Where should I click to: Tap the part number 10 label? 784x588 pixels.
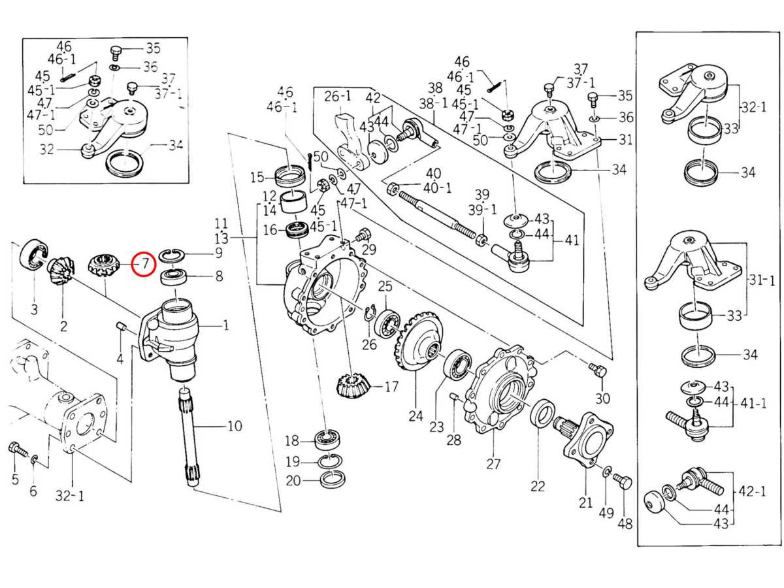click(234, 427)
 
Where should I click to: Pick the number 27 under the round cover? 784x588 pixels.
click(493, 464)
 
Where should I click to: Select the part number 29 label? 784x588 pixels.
click(369, 250)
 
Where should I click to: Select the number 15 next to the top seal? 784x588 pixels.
click(257, 177)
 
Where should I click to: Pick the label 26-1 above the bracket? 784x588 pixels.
click(338, 96)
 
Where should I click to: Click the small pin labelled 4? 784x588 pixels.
click(120, 327)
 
